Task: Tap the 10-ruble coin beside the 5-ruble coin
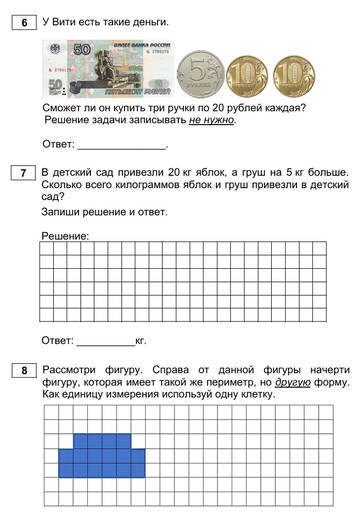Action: pyautogui.click(x=247, y=73)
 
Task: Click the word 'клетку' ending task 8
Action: pyautogui.click(x=256, y=395)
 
